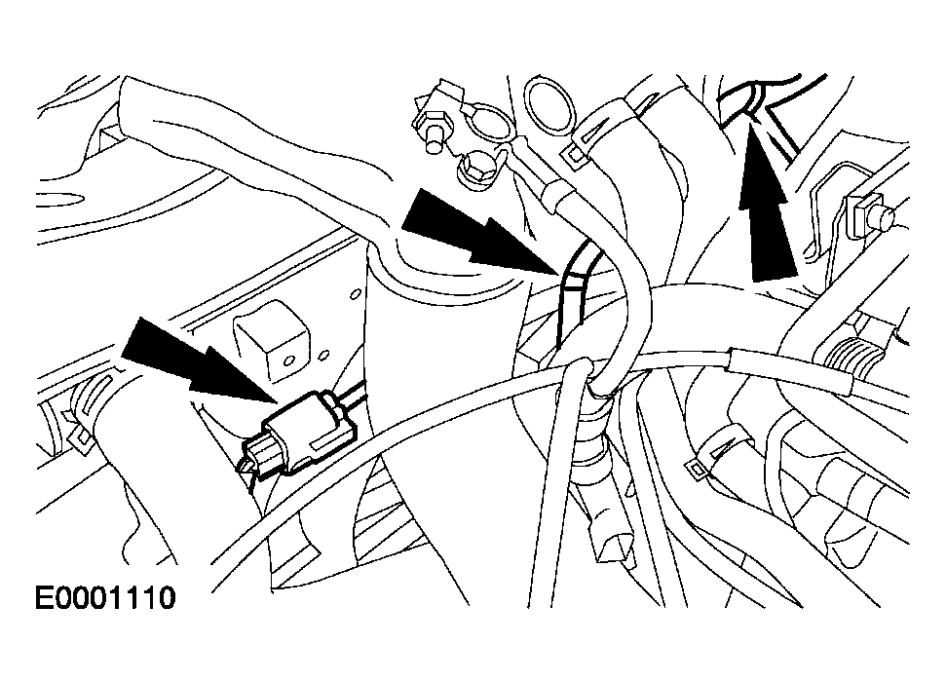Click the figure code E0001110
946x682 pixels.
[x=105, y=598]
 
